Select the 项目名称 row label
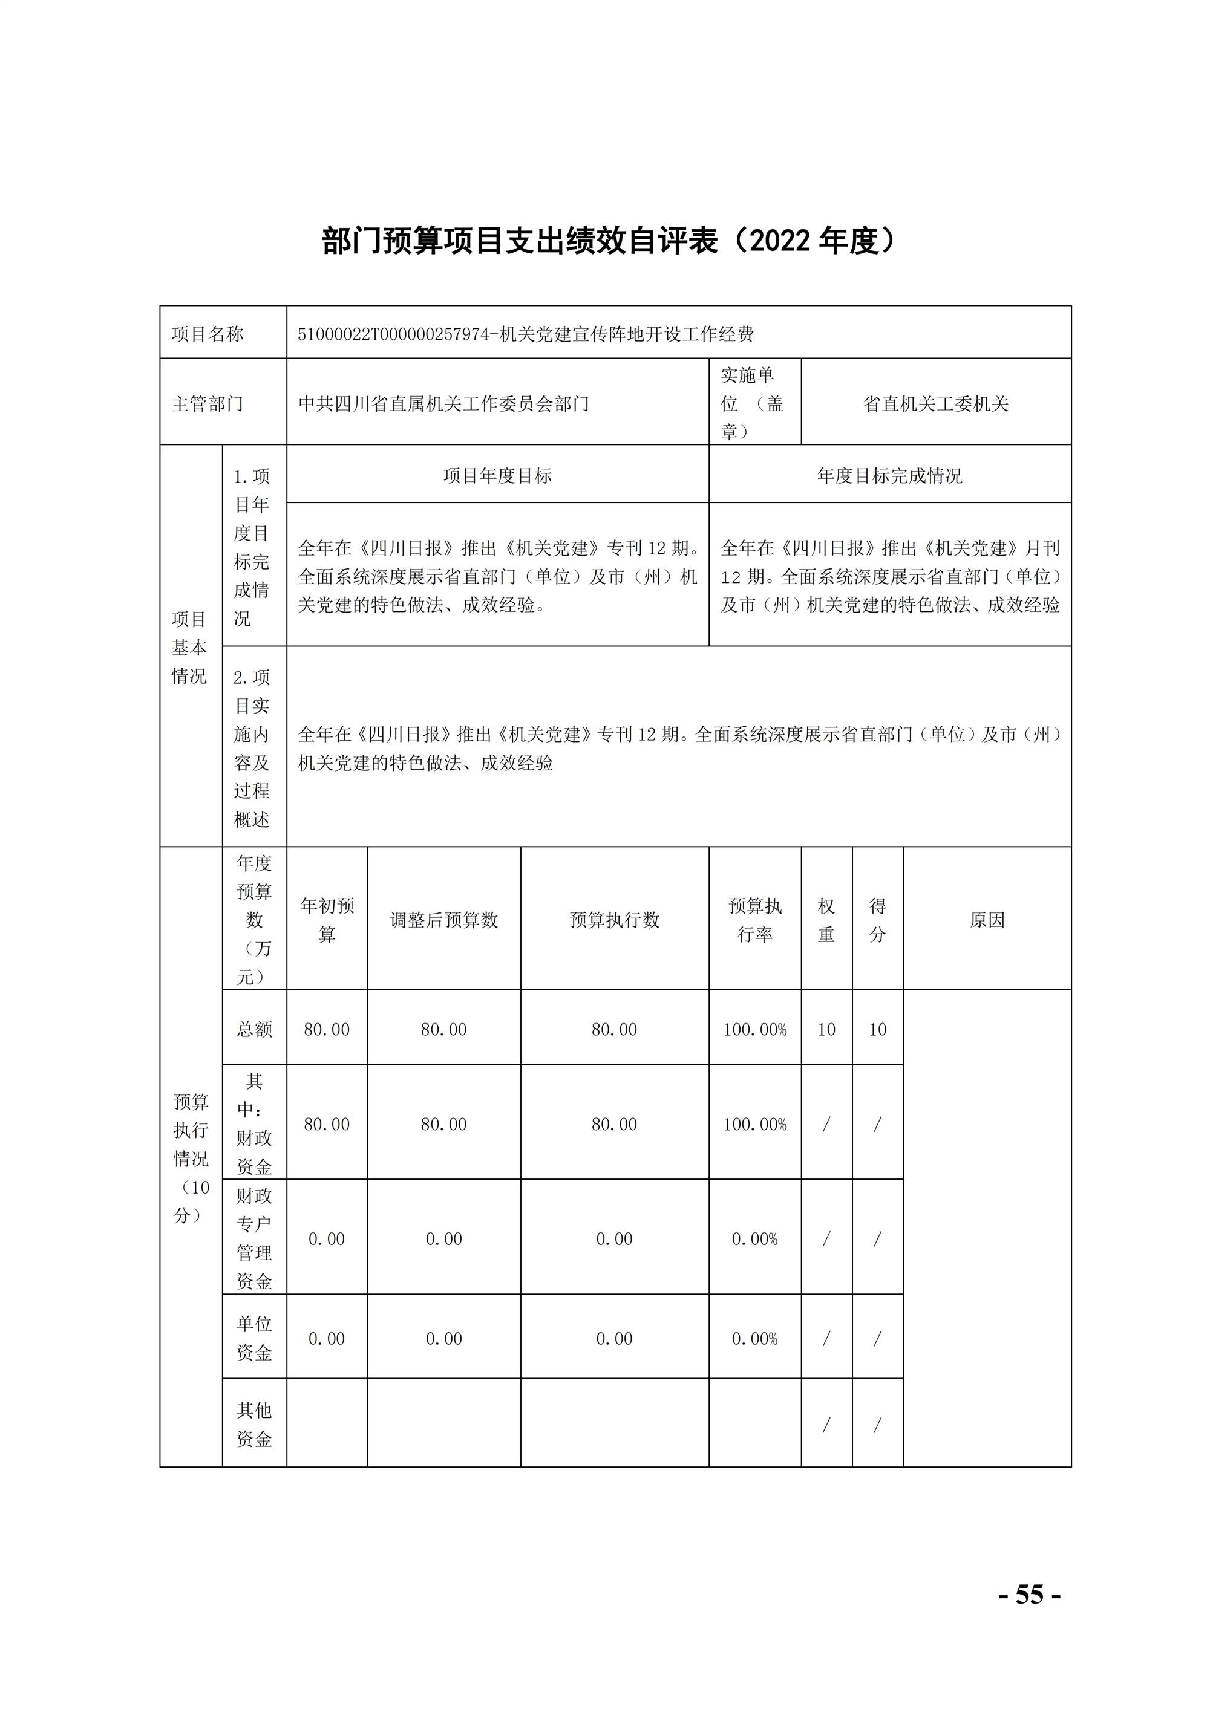coord(208,334)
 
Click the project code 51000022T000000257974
coord(393,334)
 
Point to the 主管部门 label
coord(208,404)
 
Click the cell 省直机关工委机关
coord(935,404)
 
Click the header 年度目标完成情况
coord(889,476)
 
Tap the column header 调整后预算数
coord(443,920)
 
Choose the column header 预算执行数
coord(614,920)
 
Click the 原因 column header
coord(987,920)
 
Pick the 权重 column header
coord(826,920)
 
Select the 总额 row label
coord(254,1029)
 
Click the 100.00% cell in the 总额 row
coord(755,1029)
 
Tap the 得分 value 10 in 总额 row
coord(877,1029)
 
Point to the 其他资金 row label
coord(254,1424)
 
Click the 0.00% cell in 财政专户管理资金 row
coord(755,1238)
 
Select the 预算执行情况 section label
coord(191,1158)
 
